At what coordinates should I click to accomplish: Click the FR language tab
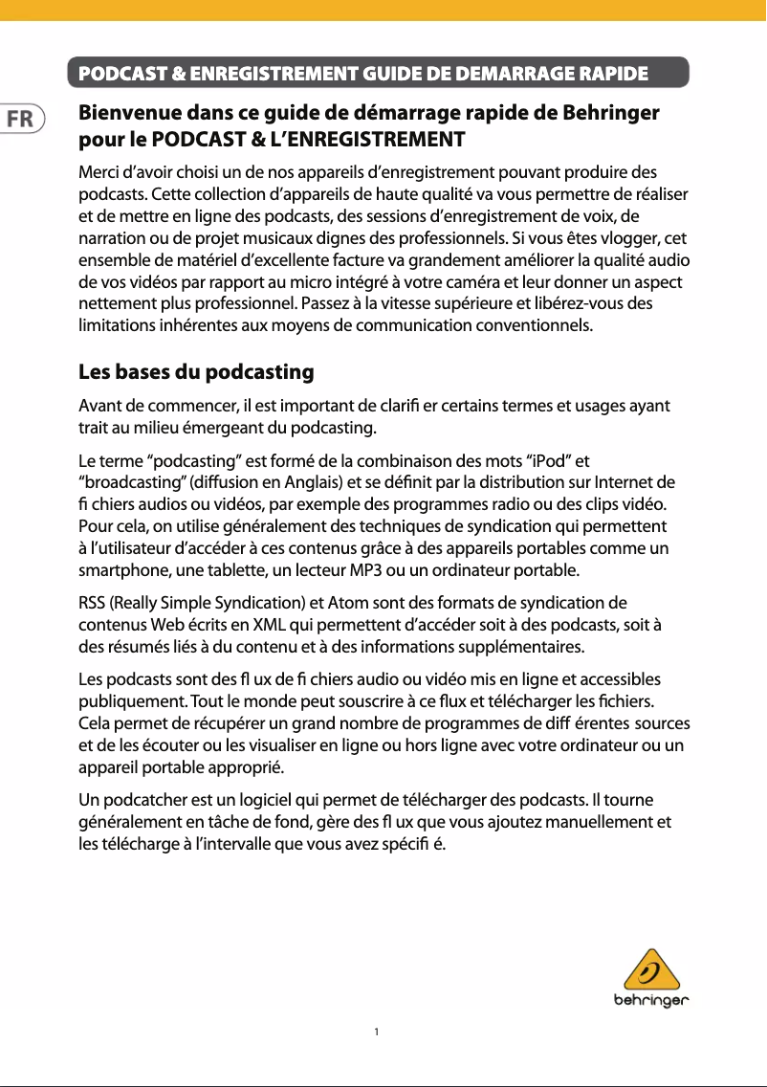(x=19, y=121)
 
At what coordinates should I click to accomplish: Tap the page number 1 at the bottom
(x=378, y=1032)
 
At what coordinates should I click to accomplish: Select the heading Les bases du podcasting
(x=196, y=371)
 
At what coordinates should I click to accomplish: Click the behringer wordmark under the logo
(x=652, y=1002)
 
